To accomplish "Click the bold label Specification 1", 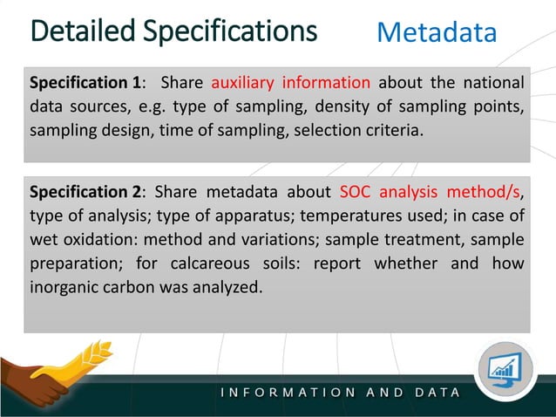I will (86, 84).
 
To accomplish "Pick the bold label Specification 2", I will (86, 192).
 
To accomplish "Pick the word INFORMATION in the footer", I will (288, 393).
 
